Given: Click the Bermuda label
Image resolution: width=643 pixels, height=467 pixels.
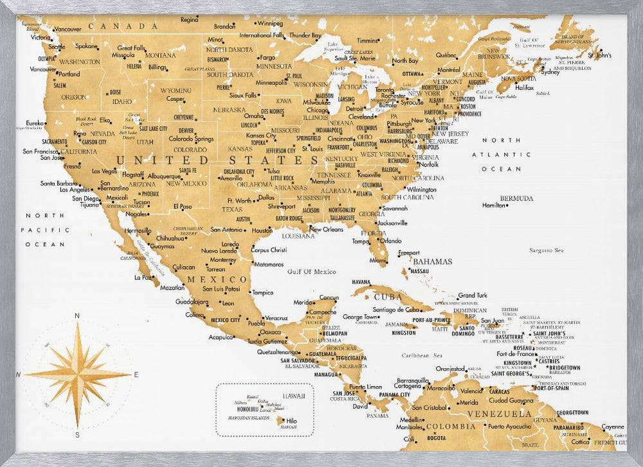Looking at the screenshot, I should [517, 198].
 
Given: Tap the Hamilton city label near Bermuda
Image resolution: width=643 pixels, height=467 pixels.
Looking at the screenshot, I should [493, 206].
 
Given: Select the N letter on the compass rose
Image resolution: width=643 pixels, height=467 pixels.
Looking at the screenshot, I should [77, 315].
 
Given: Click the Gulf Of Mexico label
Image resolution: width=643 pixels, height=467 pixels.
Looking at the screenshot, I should [311, 272].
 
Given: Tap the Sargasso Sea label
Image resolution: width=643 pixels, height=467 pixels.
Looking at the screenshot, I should [546, 251].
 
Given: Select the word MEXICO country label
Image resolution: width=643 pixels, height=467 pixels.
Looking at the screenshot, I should [217, 280].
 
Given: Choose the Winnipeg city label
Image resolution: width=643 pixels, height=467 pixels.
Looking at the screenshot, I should [270, 23].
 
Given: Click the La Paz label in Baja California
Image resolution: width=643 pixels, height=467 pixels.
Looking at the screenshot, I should [142, 278].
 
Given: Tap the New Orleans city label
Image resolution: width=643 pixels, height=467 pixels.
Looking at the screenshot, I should [327, 229].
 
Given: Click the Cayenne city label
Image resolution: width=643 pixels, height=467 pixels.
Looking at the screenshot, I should [612, 427].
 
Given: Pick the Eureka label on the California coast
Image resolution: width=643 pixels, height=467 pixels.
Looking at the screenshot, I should [35, 123].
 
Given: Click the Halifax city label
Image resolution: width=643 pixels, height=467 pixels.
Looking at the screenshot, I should [525, 87].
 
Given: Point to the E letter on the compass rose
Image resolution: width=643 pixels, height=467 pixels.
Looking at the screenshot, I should [136, 374].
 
